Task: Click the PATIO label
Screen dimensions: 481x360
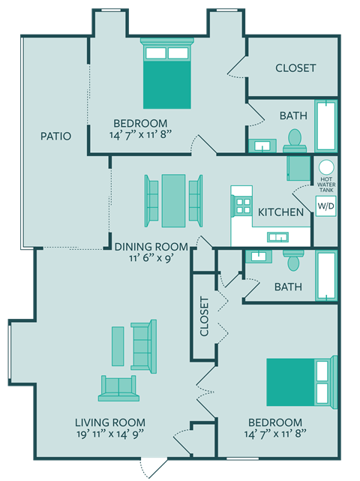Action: (55, 137)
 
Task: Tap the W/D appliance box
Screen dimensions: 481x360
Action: (325, 205)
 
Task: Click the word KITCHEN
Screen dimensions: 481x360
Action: (280, 212)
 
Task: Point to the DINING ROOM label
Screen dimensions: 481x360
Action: (150, 245)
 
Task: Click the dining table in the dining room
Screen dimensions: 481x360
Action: (173, 200)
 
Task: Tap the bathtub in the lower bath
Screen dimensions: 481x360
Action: (326, 275)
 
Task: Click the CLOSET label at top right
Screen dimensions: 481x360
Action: (295, 68)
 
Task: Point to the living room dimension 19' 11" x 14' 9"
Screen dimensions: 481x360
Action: (109, 434)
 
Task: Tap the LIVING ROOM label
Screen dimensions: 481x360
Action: (110, 422)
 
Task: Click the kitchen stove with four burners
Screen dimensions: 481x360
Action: (243, 205)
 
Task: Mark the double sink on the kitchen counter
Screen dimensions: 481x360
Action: (277, 238)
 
